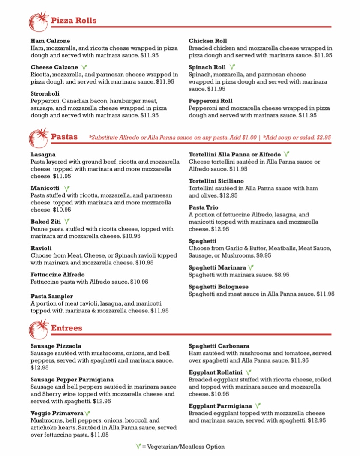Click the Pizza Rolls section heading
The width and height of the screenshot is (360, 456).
tap(73, 20)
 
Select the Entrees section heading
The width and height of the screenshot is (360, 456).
tap(66, 328)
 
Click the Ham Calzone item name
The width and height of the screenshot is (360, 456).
tap(50, 41)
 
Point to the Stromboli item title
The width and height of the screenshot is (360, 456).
tap(45, 93)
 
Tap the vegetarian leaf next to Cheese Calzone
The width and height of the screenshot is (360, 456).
tap(84, 67)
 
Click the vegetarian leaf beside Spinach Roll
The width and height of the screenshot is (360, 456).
tap(232, 67)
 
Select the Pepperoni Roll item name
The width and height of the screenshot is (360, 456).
tap(211, 101)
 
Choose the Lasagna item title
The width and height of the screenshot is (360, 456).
tap(43, 154)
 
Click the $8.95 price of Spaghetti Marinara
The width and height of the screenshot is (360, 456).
tap(281, 275)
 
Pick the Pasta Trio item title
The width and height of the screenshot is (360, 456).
tap(204, 207)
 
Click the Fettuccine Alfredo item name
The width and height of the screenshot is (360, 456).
tap(57, 274)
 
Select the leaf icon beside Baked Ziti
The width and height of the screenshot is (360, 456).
tap(67, 222)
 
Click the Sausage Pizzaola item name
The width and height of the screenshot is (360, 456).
tap(56, 346)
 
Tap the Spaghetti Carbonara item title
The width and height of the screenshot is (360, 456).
tap(219, 346)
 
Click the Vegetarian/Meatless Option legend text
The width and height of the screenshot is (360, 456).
tap(183, 447)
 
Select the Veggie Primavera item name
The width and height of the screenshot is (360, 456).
tap(57, 413)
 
